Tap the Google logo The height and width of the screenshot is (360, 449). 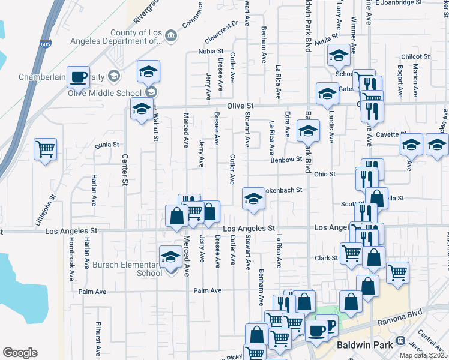[20, 353]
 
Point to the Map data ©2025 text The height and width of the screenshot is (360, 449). [423, 355]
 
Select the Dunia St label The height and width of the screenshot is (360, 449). [107, 145]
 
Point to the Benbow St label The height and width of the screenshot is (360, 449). [286, 160]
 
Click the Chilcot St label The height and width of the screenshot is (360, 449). [415, 56]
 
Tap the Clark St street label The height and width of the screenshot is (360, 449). [327, 259]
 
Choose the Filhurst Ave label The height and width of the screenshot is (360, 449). [98, 338]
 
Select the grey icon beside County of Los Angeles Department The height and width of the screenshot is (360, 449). [170, 36]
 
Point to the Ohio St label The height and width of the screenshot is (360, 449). [324, 174]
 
